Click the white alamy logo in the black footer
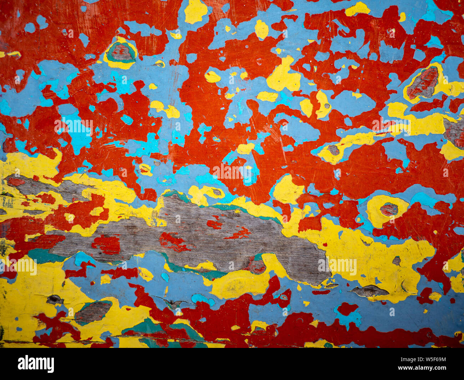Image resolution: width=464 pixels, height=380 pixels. click(x=36, y=364)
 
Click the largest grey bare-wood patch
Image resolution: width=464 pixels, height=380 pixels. click(x=200, y=235)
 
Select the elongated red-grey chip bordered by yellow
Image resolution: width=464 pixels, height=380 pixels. click(x=423, y=83)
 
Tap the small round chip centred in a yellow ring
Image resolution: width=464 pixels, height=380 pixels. click(x=389, y=209)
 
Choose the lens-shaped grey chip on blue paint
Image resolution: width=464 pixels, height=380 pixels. click(x=369, y=291)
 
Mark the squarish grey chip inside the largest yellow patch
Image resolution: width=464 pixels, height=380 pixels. click(x=396, y=261)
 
